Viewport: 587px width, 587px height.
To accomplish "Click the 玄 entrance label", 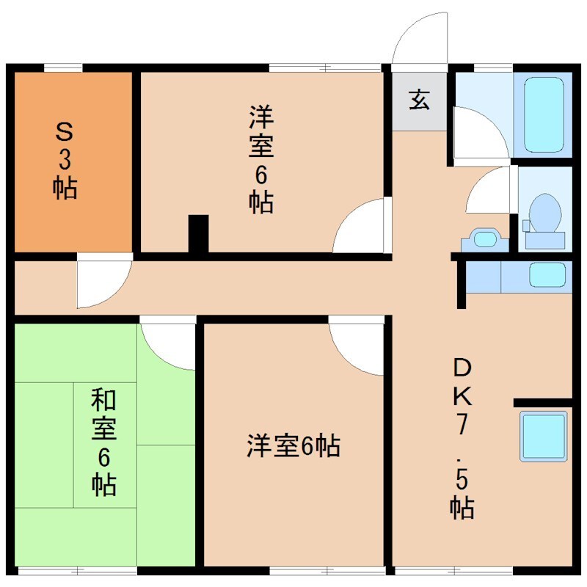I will (419, 99).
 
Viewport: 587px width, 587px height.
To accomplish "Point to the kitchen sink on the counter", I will (547, 275).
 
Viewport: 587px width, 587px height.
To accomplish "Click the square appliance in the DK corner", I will (544, 436).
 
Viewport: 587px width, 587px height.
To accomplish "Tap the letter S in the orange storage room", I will (65, 133).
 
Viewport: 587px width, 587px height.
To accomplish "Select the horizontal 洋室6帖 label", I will (293, 446).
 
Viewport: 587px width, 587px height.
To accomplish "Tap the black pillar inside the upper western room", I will (198, 234).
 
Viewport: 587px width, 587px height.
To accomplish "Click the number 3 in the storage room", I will (65, 161).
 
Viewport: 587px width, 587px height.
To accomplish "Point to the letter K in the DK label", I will (462, 395).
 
